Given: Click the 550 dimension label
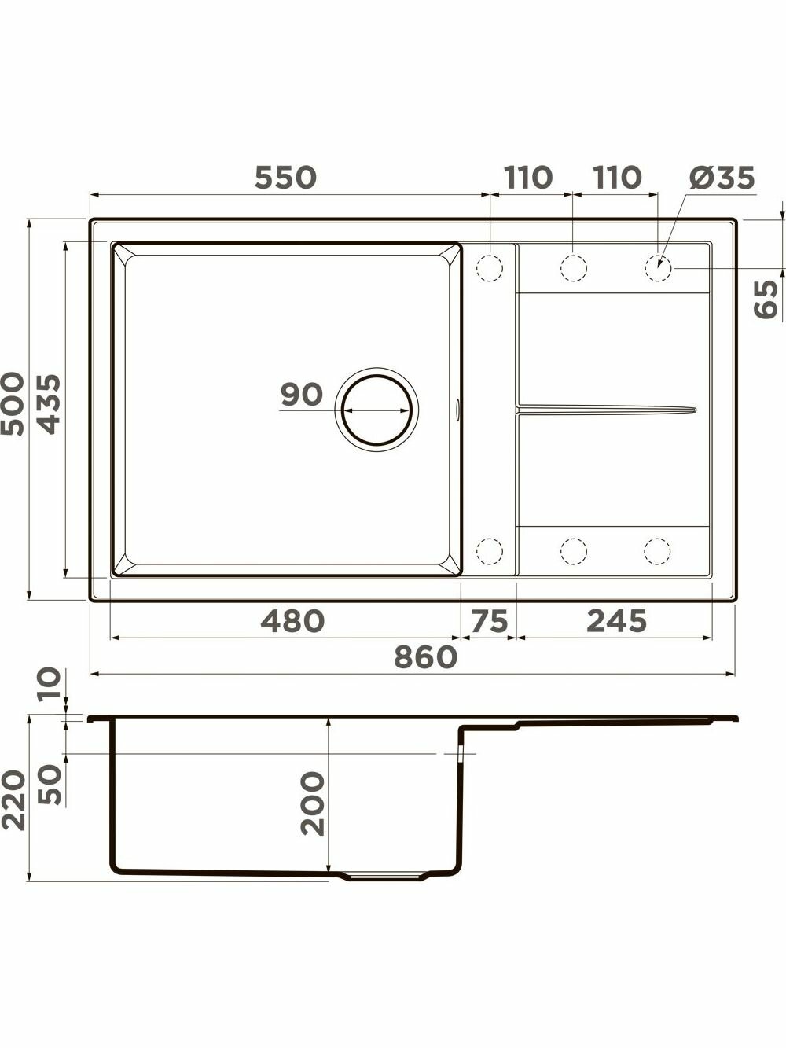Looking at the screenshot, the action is (x=285, y=177).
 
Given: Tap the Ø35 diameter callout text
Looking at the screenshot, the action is (x=722, y=178).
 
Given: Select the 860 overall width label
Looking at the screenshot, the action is (x=426, y=657).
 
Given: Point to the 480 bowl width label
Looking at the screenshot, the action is (x=292, y=621).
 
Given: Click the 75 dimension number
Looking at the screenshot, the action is (x=490, y=621).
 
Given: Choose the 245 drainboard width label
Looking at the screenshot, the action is (x=616, y=621).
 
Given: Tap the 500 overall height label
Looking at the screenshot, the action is (x=13, y=404).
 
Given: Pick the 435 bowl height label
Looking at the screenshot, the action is (x=50, y=404).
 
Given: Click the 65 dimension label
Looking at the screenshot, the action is (x=766, y=300).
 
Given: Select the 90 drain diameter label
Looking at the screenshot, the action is (x=302, y=395).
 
